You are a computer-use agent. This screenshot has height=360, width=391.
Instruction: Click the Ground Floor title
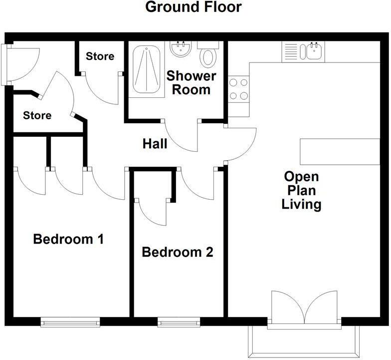[x=194, y=7]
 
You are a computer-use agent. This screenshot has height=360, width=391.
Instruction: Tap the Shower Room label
[x=191, y=83]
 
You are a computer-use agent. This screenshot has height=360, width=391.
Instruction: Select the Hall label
[x=155, y=144]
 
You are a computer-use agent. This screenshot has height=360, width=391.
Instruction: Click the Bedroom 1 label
[x=68, y=239]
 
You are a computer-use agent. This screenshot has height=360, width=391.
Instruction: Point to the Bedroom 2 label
[x=178, y=252]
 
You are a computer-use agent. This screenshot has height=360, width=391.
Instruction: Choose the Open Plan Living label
[x=301, y=190]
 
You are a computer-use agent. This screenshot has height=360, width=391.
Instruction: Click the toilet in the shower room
[x=208, y=55]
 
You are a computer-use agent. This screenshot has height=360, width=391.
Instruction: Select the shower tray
[x=146, y=70]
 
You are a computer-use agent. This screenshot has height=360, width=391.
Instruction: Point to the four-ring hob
[x=238, y=89]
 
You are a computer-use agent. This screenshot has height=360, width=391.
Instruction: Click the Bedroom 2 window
[x=179, y=323]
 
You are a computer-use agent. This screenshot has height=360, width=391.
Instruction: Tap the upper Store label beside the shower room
[x=100, y=56]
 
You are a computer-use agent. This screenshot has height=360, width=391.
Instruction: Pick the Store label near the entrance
[x=37, y=115]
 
